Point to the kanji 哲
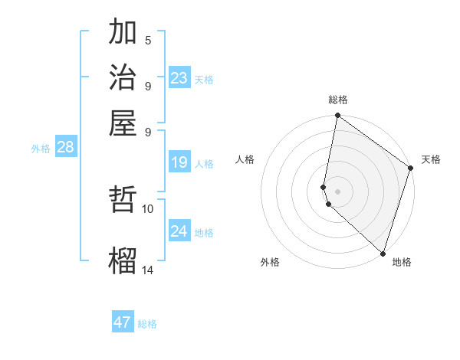click(123, 201)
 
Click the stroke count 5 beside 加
click(148, 40)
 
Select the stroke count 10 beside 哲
click(148, 208)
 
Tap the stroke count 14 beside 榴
click(148, 269)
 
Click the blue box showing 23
click(179, 77)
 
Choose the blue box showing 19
click(179, 162)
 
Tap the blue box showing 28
click(65, 147)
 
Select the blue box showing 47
click(123, 322)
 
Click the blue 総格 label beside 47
click(147, 324)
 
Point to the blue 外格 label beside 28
click(41, 149)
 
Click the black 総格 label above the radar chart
click(337, 100)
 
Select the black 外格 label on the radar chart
click(270, 263)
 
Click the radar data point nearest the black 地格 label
click(383, 254)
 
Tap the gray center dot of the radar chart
click(337, 191)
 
